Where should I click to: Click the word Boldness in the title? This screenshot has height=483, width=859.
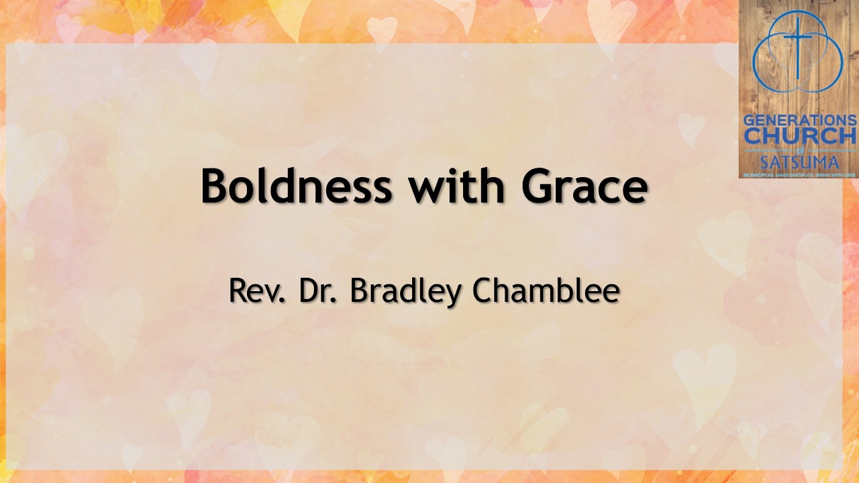point(296,186)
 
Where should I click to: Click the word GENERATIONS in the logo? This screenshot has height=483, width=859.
point(799,121)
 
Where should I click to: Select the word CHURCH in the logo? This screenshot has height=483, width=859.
point(799,136)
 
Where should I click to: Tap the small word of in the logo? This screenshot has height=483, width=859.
point(799,149)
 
